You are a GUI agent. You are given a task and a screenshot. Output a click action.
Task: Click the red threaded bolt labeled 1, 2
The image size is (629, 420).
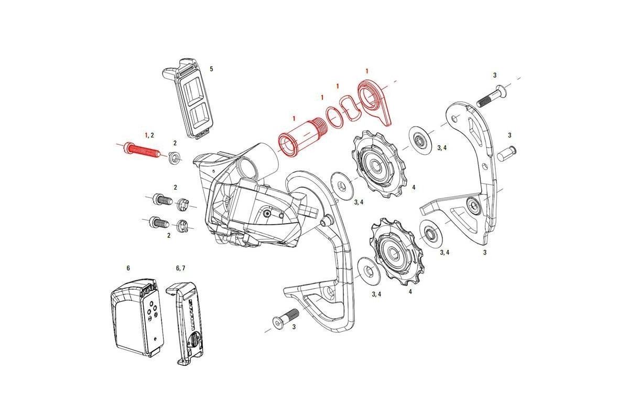coord(140,151)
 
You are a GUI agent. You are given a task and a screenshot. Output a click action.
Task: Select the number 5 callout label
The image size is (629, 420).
coord(211,69)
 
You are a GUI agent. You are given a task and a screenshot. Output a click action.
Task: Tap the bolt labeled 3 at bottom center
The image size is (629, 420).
coord(285,318)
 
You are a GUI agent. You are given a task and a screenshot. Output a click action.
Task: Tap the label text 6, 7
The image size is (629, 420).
coord(181,268)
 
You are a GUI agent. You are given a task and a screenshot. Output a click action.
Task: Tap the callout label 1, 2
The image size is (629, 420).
coord(149,135)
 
